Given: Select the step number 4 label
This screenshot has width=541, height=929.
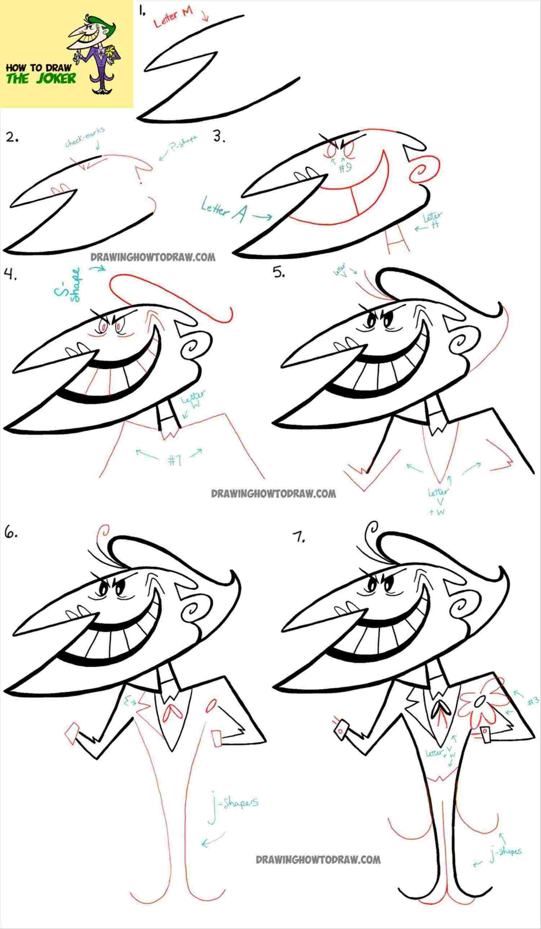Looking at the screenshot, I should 10,274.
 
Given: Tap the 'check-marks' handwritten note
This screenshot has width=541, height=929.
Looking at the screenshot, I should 84,137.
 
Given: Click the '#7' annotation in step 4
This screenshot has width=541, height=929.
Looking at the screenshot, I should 174,460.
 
